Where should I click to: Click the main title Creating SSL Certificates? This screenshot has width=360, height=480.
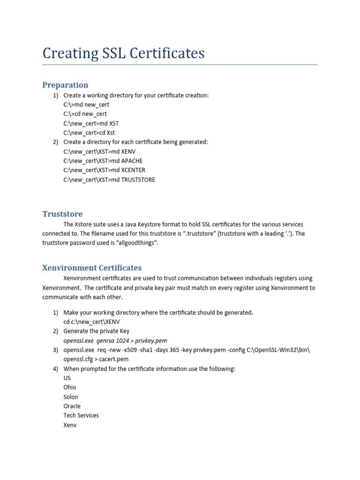tap(123, 53)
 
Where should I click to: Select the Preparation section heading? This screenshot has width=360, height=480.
tap(65, 85)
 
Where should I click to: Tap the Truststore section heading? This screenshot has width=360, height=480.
tap(62, 214)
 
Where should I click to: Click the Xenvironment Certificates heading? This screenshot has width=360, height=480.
tap(92, 268)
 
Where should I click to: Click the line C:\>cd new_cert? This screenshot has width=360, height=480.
tap(85, 114)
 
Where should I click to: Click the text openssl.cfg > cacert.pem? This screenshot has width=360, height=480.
tap(96, 359)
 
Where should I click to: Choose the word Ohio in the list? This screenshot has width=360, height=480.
tap(70, 387)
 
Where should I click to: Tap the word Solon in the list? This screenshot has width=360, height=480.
tap(71, 397)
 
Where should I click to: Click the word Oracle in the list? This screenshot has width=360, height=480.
tap(72, 406)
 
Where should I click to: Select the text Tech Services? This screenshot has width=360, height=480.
tap(81, 415)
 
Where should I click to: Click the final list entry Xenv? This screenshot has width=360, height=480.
tap(70, 425)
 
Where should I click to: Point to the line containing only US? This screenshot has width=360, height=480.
tap(67, 378)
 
